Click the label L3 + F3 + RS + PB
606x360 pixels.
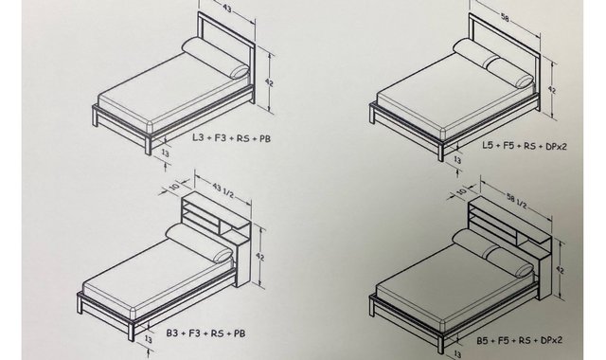[x=231, y=137]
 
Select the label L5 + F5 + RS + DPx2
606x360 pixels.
[x=525, y=146]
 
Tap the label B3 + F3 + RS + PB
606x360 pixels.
[x=206, y=333]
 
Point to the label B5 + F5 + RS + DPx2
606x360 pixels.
[x=520, y=340]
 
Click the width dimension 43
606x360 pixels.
[x=227, y=9]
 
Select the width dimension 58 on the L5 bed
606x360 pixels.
[x=505, y=17]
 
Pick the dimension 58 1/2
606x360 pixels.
[x=517, y=201]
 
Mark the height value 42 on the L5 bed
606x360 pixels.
[x=552, y=89]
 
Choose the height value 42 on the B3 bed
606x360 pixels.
[x=259, y=257]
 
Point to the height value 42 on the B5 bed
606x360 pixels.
[x=560, y=269]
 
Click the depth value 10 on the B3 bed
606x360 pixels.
[x=174, y=187]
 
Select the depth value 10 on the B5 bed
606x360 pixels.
[x=461, y=191]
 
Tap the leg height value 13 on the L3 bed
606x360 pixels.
[x=165, y=153]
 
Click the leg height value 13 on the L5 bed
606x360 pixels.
[x=456, y=159]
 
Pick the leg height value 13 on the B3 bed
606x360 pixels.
[x=148, y=339]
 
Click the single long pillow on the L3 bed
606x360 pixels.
[x=216, y=59]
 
